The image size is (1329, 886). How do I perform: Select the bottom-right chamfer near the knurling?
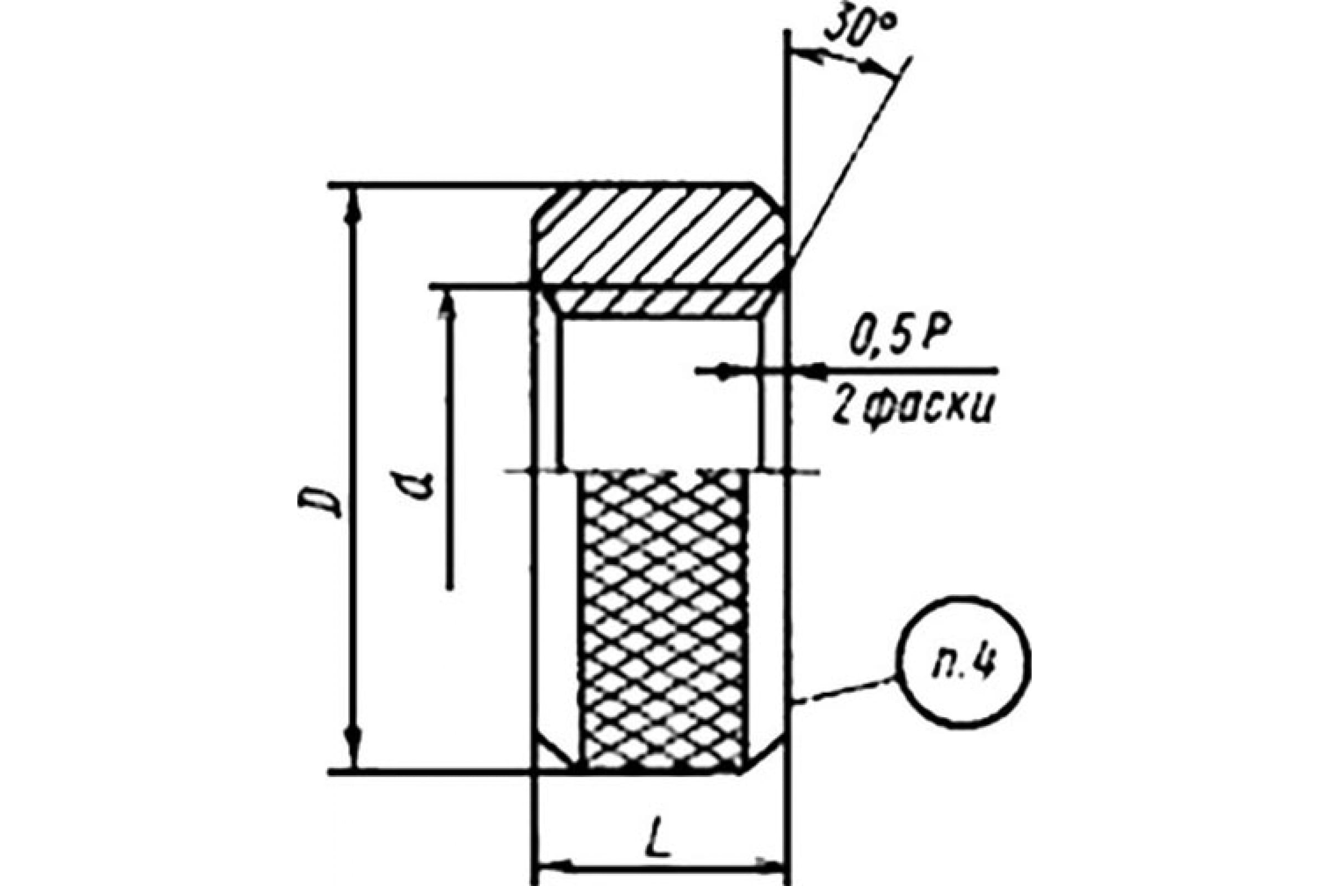coord(765,755)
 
